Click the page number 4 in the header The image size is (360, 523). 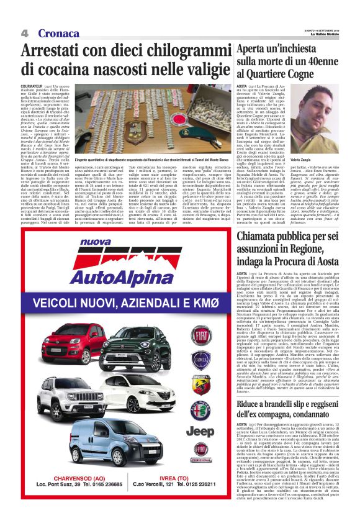pos(25,33)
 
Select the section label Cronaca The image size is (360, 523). pos(58,33)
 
